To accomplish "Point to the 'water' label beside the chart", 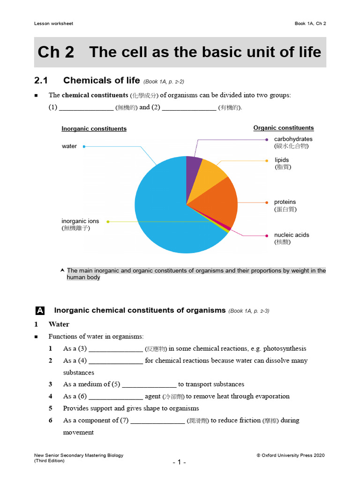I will (69, 146).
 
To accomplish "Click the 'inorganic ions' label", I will (80, 221).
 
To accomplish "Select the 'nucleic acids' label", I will (292, 235).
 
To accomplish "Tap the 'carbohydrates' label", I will (293, 139).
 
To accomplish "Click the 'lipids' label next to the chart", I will (282, 160).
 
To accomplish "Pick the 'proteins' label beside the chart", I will (285, 202).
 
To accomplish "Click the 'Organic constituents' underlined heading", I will (284, 128).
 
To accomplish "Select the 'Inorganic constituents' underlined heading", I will (94, 129).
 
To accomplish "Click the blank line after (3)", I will (116, 349).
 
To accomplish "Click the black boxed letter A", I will (40, 310).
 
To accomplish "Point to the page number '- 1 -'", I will (180, 462).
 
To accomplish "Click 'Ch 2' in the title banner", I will (56, 52).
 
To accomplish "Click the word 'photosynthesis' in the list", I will (285, 349).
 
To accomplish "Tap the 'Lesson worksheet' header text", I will (53, 23).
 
